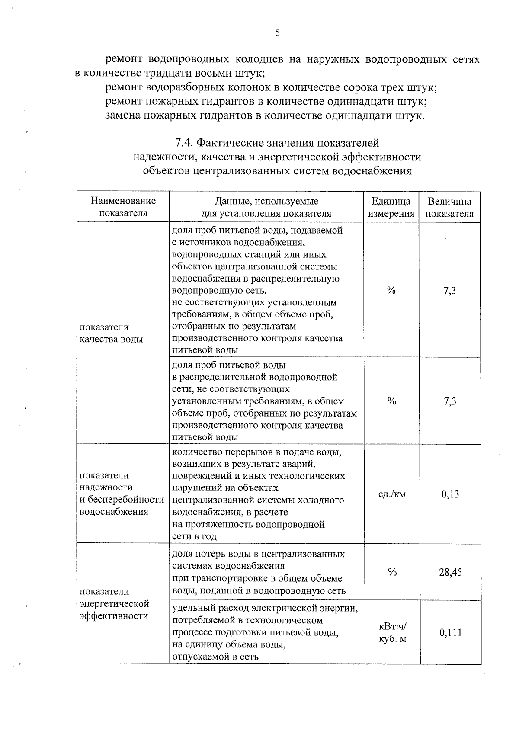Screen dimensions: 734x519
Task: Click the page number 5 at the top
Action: pyautogui.click(x=277, y=33)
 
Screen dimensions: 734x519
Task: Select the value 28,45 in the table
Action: pyautogui.click(x=450, y=572)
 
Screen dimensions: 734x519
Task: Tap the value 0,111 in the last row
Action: pyautogui.click(x=450, y=633)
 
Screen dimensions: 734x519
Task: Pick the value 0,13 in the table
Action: pyautogui.click(x=450, y=494)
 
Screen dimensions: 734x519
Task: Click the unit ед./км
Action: pyautogui.click(x=392, y=494)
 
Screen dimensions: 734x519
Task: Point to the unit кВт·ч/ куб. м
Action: pyautogui.click(x=392, y=633)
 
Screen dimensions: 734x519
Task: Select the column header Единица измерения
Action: pyautogui.click(x=391, y=207)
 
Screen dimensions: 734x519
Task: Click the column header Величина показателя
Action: pyautogui.click(x=450, y=207)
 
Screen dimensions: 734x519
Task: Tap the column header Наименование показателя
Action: pyautogui.click(x=123, y=207)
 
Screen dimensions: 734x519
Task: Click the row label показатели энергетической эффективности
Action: pyautogui.click(x=114, y=603)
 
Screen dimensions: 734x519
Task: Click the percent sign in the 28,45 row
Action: pyautogui.click(x=392, y=572)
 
